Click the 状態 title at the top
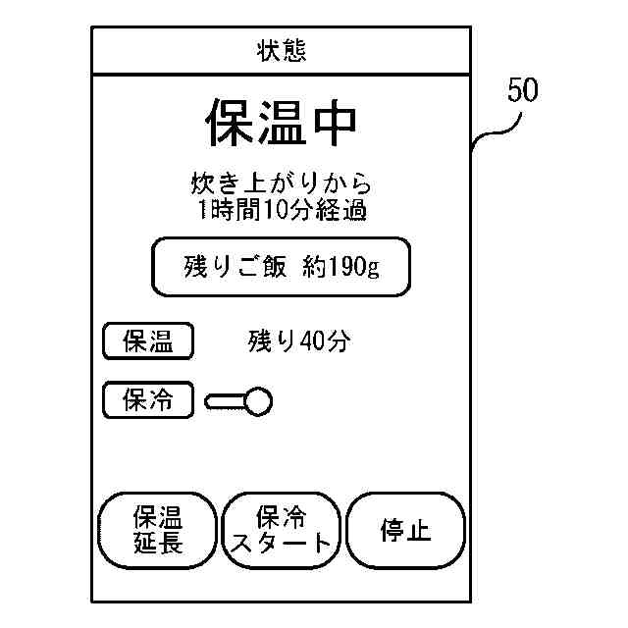[x=281, y=50]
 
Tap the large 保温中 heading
[x=281, y=123]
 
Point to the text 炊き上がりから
[x=281, y=183]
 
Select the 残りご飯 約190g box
[x=280, y=266]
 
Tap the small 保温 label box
[x=147, y=341]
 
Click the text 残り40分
[x=298, y=341]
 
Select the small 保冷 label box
[x=147, y=399]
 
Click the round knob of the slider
[x=258, y=400]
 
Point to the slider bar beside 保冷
[x=225, y=400]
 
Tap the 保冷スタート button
[x=282, y=531]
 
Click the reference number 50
[x=522, y=92]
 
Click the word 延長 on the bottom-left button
[x=158, y=543]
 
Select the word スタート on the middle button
[x=282, y=544]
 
